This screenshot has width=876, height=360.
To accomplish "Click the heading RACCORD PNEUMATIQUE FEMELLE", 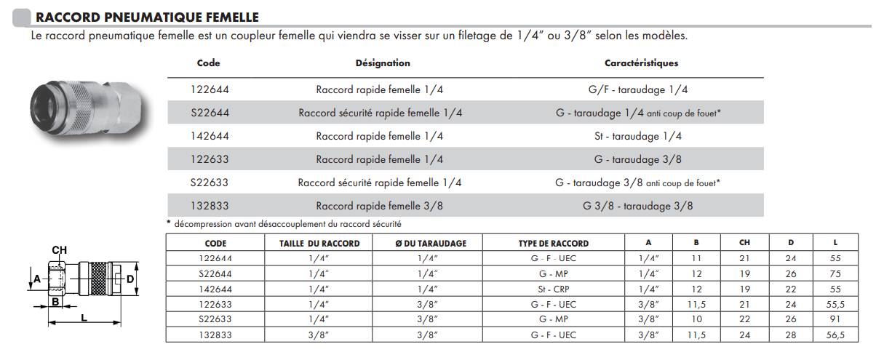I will pos(147,17).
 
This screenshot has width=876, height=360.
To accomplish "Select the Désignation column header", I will pos(383,63).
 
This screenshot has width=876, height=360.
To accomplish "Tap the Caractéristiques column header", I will pos(641,63).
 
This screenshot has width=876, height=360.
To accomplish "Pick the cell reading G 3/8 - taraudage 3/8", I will pos(638,206).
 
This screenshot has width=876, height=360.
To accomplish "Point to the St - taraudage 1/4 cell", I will pos(638,136).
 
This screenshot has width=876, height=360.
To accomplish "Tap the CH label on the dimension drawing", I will pos(60,250).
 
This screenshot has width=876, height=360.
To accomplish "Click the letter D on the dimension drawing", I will pos(130,279).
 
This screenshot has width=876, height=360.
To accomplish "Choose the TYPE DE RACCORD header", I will pos(554,244).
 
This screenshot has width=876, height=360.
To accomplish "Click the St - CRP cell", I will pos(554,289).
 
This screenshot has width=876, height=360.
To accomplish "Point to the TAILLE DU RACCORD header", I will pos(319,244).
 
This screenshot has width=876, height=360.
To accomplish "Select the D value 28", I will pos(791,335).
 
